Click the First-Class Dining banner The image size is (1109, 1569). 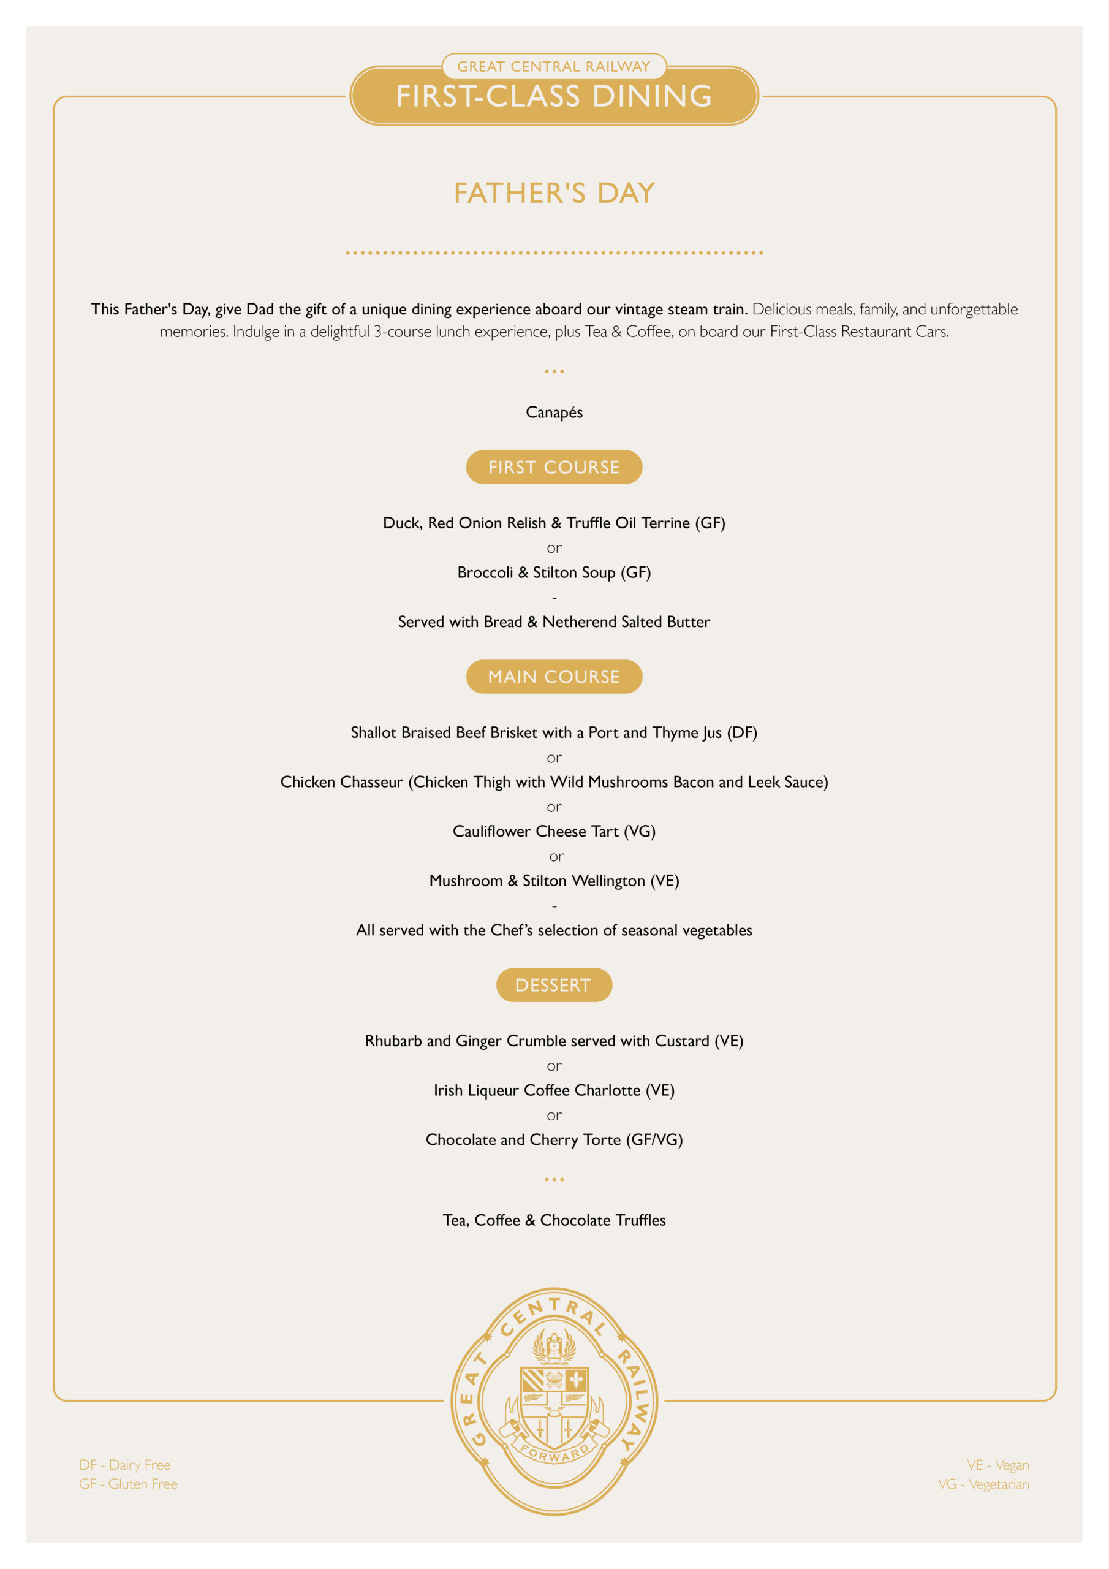pos(554,96)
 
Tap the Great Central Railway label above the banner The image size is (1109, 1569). pos(553,66)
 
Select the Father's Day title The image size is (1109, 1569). pos(554,194)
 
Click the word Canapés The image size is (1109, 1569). pos(554,412)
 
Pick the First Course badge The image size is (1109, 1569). pos(554,468)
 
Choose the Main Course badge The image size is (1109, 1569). pos(554,677)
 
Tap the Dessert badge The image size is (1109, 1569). pos(553,985)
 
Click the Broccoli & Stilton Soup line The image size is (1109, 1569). pos(554,572)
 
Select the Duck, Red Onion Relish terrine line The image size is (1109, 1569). pos(554,523)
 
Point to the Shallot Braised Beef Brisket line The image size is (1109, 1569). pos(554,732)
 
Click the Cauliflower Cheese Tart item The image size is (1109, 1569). pos(554,831)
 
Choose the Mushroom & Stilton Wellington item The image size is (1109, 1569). pos(554,881)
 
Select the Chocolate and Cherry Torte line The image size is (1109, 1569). pos(554,1140)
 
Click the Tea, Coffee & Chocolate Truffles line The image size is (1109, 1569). pos(554,1220)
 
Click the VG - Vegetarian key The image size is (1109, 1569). pos(983,1484)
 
